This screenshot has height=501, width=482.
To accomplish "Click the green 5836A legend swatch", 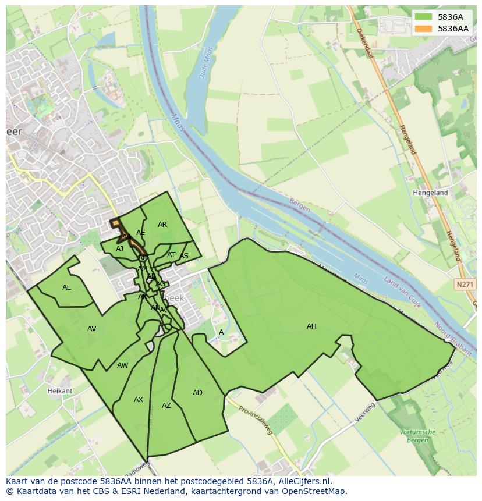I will coord(423,17).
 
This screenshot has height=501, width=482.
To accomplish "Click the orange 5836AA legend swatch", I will coord(423,29).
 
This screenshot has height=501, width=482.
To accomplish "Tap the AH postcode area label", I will coord(311,326).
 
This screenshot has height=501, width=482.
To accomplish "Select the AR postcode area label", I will coord(162,225).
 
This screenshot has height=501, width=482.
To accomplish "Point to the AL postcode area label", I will coord(66,287).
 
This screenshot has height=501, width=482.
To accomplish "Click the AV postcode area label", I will coord(91,329).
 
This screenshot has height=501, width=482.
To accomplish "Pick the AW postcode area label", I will coord(122,365).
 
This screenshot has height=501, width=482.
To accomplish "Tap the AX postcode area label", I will coord(139,400).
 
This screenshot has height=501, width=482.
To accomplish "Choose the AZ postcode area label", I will coord(166,406).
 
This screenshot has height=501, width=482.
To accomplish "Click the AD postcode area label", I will coord(197,393).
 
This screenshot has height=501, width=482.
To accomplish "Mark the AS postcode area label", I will coord(185,256).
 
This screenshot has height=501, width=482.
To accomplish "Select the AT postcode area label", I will coord(171,255).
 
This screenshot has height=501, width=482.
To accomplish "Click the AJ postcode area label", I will coord(120,249).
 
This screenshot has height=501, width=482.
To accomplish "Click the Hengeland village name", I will coord(430,193).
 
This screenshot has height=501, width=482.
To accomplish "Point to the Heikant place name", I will coord(60,391).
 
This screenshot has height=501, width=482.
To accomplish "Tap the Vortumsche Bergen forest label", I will coord(418,435).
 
